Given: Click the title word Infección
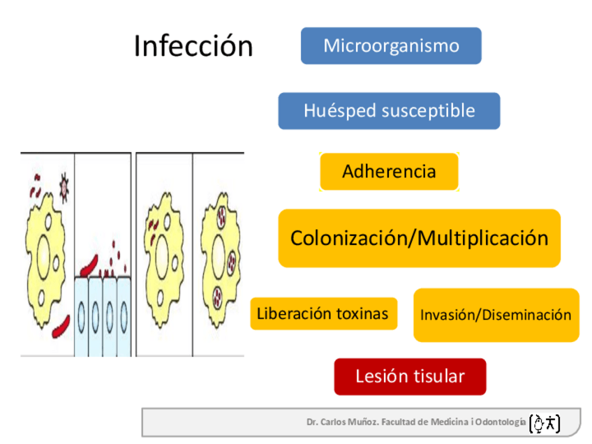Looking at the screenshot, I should pos(193,47).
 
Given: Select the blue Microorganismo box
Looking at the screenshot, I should pos(391,46).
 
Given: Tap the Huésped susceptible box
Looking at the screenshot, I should pos(389,111).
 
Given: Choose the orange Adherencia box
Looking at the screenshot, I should pos(389,172).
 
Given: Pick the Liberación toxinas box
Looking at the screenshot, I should pos(323,313).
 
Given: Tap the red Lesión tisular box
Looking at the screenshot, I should pos(410,377).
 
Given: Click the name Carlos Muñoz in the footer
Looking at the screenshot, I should pos(356,422).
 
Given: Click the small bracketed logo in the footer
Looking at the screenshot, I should pos(545,422).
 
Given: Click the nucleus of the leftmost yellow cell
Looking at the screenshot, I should pos(44,252).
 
